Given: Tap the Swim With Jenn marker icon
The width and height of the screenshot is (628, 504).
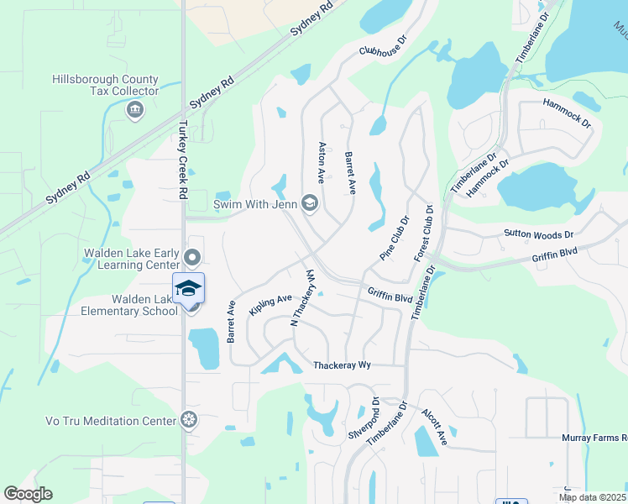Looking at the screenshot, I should pos(309,203).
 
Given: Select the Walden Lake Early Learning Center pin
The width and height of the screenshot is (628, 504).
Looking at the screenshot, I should pos(193,258).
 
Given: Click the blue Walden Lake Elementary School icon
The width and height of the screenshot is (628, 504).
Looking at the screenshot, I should pos(188,288).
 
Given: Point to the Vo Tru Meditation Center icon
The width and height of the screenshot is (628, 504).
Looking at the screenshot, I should pos(191,419).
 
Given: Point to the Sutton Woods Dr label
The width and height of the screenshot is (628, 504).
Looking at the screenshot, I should pos(538,234).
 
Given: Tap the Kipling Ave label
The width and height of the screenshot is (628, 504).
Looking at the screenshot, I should pos(270,304).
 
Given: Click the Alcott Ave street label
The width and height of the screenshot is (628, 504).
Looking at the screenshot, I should pos(436,428).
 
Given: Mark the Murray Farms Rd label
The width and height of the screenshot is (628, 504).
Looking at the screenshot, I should pos(594,438).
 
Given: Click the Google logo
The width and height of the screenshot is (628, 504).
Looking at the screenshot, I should pos(28,494).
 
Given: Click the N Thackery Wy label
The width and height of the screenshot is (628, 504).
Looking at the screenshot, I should pos(303,298).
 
